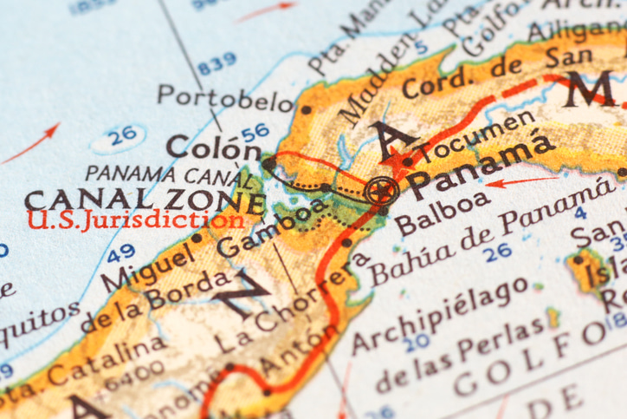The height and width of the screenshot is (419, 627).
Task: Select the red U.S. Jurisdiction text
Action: pos(134,219)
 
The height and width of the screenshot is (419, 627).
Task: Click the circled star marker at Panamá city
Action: pos(379,190)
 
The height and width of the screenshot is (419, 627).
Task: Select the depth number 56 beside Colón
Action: pos(255,132)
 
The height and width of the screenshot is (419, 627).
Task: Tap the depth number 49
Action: pos(121,252)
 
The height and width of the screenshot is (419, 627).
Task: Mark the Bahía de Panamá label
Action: pos(485,232)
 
